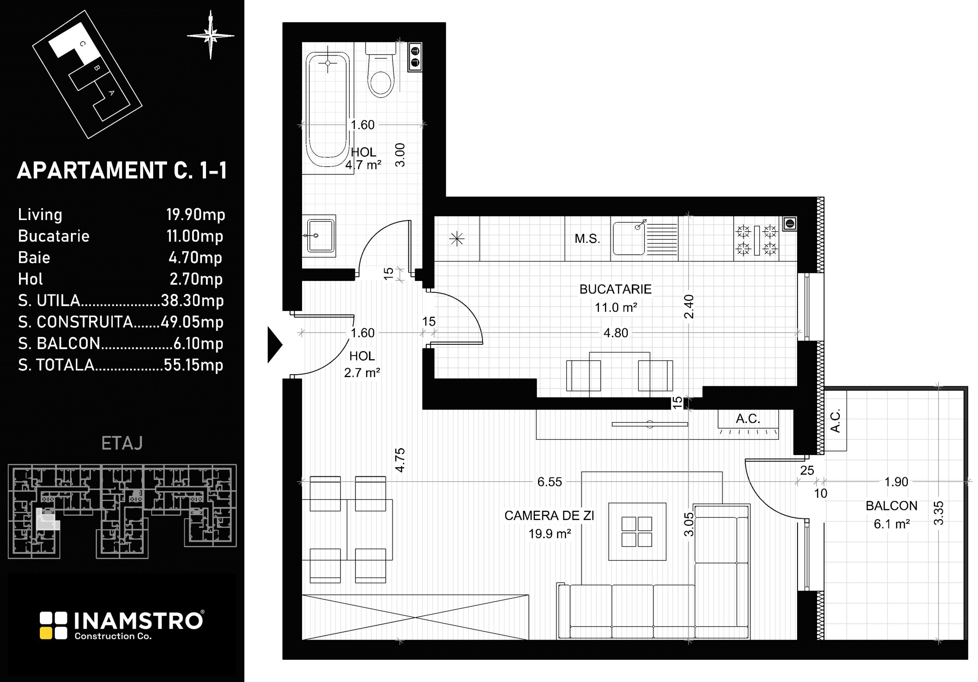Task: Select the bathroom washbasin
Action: coord(319,235)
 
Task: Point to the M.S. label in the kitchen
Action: coord(587,239)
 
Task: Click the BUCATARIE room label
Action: coord(615,289)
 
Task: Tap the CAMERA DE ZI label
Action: coord(549,516)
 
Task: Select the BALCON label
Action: coord(891,506)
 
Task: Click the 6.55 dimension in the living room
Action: coord(550,482)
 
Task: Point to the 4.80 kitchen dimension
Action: coord(616,333)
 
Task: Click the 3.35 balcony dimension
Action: coord(938,513)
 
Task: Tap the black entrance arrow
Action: coord(275,345)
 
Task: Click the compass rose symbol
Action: coord(211,35)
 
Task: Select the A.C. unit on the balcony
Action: coord(835,420)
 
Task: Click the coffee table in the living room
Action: coord(637,531)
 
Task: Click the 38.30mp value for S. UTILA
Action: coord(192,301)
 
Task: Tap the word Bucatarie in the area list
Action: coord(54,236)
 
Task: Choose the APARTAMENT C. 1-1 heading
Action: coord(122,170)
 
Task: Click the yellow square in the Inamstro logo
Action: coord(46,633)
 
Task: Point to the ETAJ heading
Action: coord(122,443)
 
